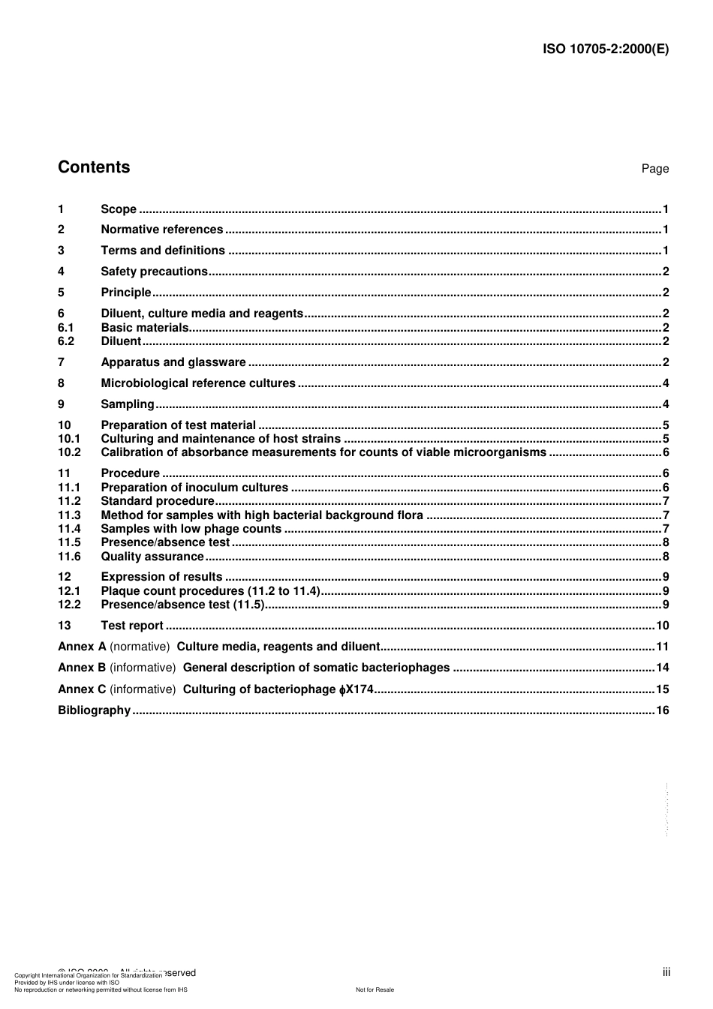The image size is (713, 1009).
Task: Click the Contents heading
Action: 94,167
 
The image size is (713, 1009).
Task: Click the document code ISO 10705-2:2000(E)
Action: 605,50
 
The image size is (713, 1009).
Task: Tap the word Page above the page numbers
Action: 654,169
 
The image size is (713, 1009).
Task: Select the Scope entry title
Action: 119,209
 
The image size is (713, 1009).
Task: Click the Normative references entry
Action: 161,230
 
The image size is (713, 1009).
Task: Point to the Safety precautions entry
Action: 154,272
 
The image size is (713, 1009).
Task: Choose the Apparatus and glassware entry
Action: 173,362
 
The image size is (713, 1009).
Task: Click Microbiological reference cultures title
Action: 198,383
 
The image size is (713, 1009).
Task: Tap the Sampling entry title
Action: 128,404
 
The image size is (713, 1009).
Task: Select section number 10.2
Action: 69,452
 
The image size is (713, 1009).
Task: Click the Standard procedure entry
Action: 158,501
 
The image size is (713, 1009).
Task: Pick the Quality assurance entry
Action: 152,557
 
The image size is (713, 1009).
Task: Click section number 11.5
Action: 69,542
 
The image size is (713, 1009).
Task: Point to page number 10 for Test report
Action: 662,626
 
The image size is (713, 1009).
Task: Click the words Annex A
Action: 82,647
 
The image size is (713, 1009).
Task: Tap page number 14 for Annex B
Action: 662,668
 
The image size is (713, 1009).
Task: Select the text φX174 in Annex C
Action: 356,689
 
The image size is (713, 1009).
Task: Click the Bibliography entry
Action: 94,710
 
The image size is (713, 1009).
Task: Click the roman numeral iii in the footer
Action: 666,972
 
